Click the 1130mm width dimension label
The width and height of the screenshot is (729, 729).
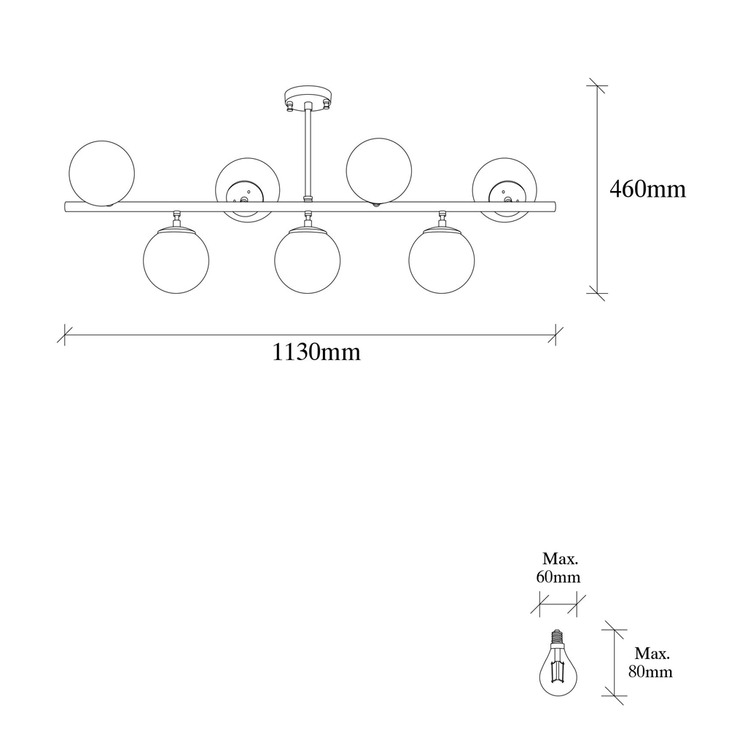316,352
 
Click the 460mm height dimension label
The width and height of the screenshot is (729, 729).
647,190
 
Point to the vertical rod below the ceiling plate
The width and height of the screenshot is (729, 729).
308,152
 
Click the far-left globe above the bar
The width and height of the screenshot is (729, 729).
101,174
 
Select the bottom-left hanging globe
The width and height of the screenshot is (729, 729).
176,260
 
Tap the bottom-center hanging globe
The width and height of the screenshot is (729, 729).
308,260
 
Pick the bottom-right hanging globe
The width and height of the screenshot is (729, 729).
442,260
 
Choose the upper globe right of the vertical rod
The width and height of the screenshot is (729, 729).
379,171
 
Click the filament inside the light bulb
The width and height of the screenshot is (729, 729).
558,669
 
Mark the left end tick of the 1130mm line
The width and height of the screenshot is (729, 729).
65,335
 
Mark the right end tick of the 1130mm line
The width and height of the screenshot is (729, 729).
555,335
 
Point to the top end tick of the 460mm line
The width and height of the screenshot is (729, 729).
597,85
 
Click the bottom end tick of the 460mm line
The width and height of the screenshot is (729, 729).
597,293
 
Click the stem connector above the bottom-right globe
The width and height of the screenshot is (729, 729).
442,219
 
